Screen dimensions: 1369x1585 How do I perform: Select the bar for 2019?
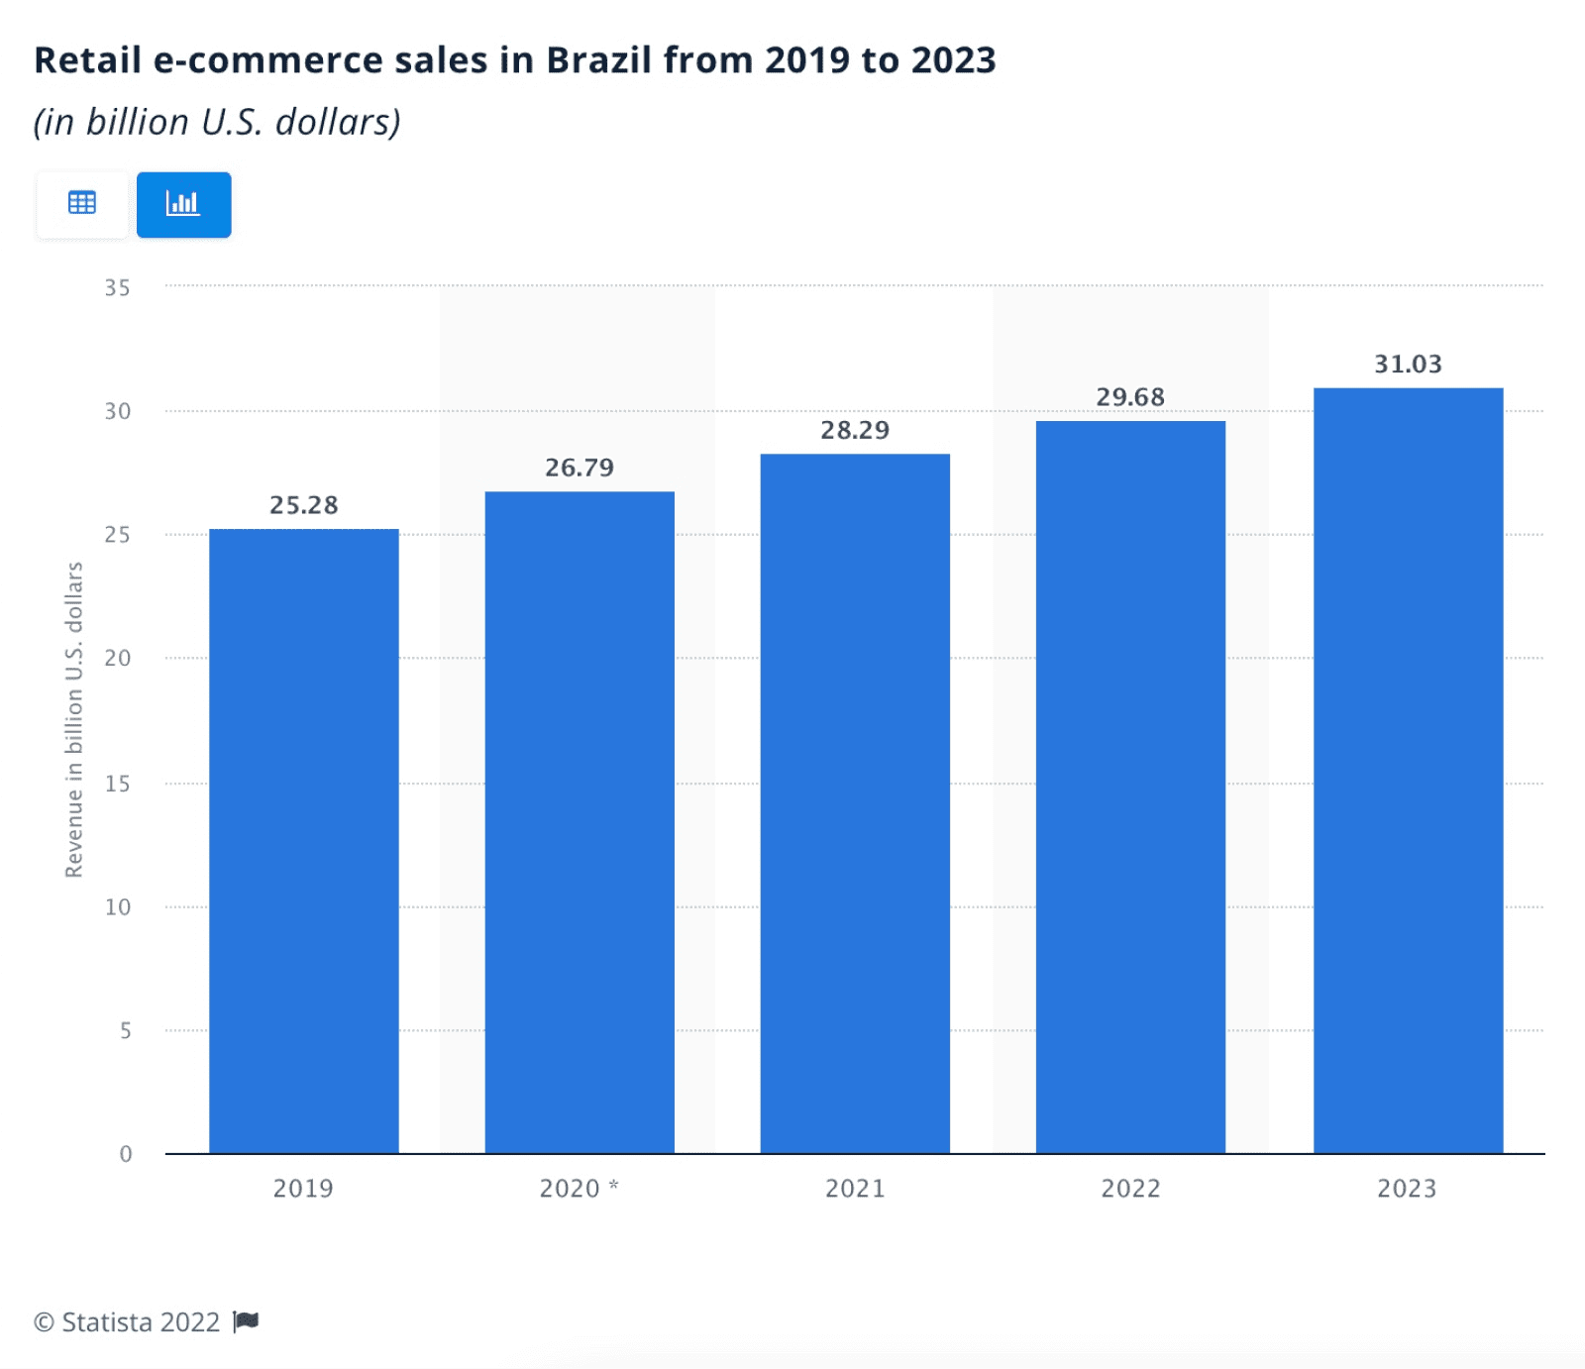pos(303,842)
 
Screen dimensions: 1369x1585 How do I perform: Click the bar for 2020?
pos(580,822)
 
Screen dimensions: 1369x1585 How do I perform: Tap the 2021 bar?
pos(855,802)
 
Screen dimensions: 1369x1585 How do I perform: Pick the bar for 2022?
pos(1130,788)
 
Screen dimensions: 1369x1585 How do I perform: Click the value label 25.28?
pos(303,505)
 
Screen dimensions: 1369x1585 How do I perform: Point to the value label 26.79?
pos(580,468)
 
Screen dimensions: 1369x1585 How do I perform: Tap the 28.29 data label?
pos(855,430)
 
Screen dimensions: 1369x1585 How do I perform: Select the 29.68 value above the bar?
pos(1130,397)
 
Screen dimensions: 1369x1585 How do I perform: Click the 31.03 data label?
pos(1408,365)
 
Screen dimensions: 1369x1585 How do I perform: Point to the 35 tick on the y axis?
pos(117,288)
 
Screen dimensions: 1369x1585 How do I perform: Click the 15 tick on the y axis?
pos(117,784)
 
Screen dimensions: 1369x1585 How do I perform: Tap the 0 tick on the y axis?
pos(126,1154)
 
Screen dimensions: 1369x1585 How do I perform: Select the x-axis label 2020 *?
pos(579,1188)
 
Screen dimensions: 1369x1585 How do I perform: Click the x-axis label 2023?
pos(1407,1188)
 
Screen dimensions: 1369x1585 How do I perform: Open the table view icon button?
pos(82,204)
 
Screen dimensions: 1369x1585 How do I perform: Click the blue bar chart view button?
pos(183,204)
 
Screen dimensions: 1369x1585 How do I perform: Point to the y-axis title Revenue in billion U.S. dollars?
pos(74,720)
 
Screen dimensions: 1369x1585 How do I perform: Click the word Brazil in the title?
pos(599,60)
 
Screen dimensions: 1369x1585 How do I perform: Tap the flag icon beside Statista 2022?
pos(246,1321)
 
